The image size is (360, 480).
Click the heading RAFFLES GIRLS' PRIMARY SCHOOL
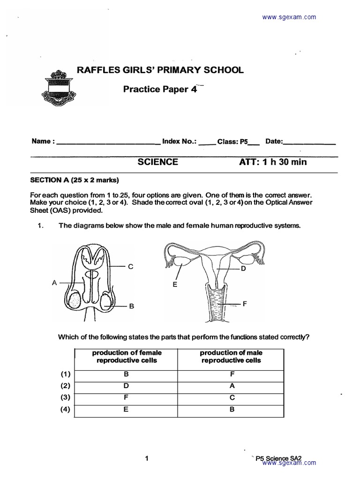(160, 70)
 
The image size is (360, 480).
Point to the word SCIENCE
(157, 162)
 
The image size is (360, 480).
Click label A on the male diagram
(54, 282)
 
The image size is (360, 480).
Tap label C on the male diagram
(131, 266)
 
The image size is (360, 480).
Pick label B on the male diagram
(132, 306)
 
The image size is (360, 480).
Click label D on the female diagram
(243, 269)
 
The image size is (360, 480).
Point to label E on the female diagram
(174, 285)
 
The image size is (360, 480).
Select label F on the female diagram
(244, 304)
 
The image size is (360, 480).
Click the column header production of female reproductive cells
(127, 357)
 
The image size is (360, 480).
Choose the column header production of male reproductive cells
(231, 357)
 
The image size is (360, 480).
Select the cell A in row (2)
(231, 386)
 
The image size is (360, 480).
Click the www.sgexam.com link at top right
(289, 17)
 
